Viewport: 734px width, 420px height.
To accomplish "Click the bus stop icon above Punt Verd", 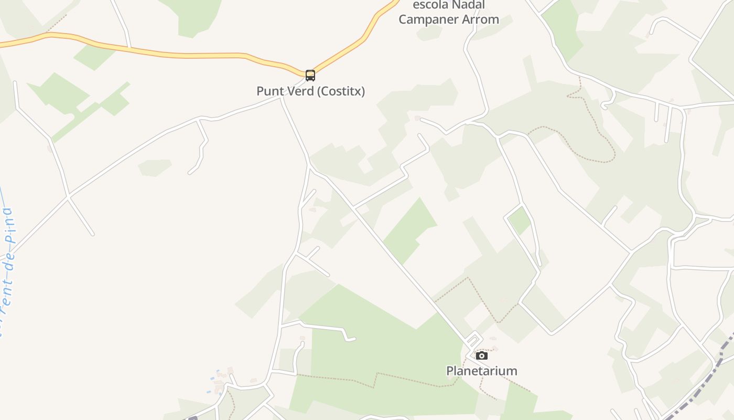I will (x=310, y=75).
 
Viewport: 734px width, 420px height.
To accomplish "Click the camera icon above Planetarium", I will (x=481, y=356).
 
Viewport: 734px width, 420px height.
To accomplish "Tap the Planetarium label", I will (x=481, y=371).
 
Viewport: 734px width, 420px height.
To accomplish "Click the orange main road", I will (x=157, y=53).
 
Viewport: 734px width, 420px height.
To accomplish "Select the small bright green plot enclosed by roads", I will (x=520, y=219).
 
